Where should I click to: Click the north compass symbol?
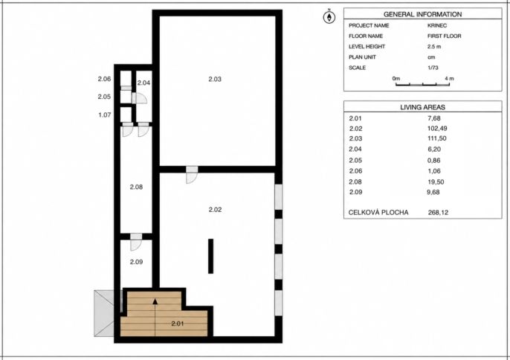329,16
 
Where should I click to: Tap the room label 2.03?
215,79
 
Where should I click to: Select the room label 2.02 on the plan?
215,210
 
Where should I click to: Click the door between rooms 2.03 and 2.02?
192,175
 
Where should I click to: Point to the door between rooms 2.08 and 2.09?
136,242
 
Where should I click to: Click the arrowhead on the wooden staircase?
155,301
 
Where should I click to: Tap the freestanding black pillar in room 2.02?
211,256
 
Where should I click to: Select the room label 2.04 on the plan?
143,83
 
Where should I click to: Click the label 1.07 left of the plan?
105,115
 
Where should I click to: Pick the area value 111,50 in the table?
437,138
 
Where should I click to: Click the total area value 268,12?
438,213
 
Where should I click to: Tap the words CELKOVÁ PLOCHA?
378,213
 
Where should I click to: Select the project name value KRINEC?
437,25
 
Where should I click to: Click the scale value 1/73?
433,68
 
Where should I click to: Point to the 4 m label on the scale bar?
449,78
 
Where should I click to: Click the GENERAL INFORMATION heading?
422,14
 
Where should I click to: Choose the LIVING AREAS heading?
422,107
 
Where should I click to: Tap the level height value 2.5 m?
434,47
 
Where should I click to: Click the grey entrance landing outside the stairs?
104,313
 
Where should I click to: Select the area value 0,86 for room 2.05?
434,160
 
